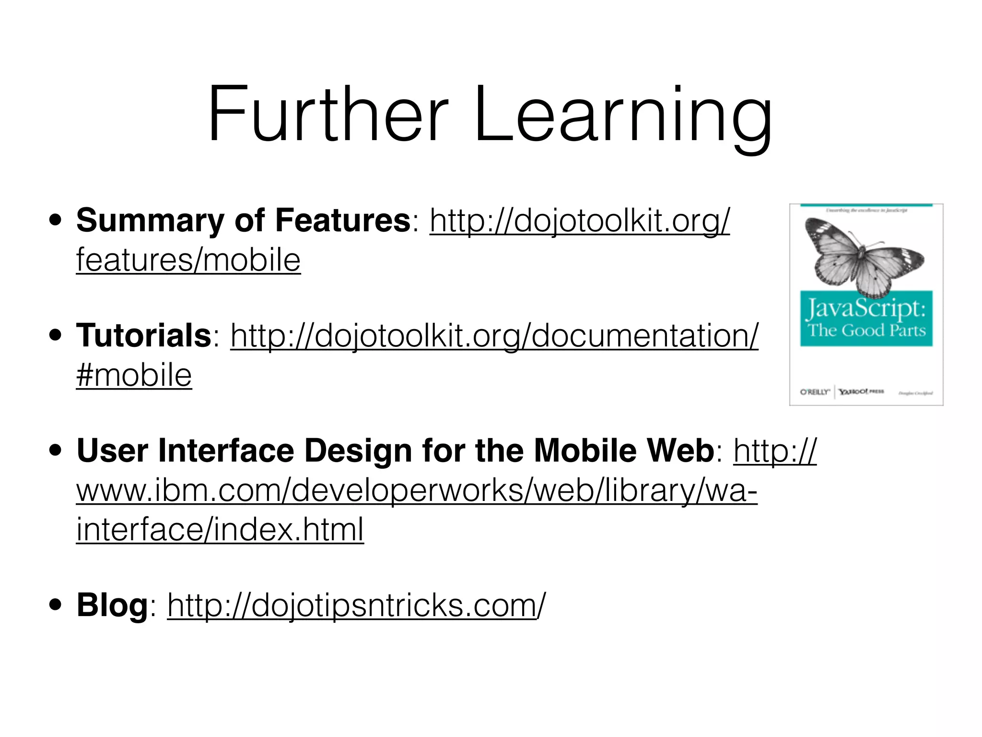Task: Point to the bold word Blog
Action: tap(112, 606)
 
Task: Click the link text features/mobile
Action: tap(188, 261)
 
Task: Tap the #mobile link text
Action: tap(134, 375)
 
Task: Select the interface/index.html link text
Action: tap(220, 530)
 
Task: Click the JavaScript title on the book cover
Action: tap(866, 309)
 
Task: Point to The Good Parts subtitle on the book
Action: tap(866, 331)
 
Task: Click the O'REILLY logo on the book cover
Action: tap(815, 392)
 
